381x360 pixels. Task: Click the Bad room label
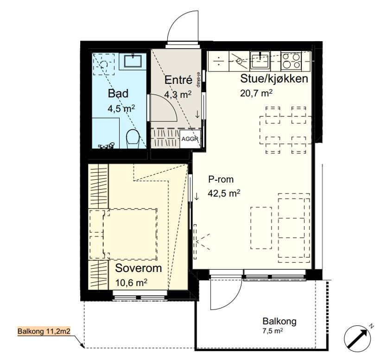click(x=118, y=94)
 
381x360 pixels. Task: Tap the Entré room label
click(x=178, y=80)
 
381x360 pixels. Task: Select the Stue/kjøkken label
click(x=274, y=79)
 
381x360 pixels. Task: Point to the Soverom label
click(x=139, y=268)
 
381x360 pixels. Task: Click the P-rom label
click(x=221, y=179)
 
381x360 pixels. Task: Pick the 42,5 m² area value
click(x=224, y=193)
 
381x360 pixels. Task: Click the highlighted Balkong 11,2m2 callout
click(x=44, y=331)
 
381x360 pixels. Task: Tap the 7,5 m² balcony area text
click(x=273, y=331)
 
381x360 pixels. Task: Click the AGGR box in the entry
click(x=190, y=139)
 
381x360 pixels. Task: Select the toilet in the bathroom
click(x=133, y=139)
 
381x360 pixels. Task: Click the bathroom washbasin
click(x=133, y=61)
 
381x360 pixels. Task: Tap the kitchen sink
click(x=260, y=60)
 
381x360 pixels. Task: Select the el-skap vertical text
click(x=198, y=79)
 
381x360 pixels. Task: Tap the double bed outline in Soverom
click(x=123, y=234)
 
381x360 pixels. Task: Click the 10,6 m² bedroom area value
click(x=131, y=283)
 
